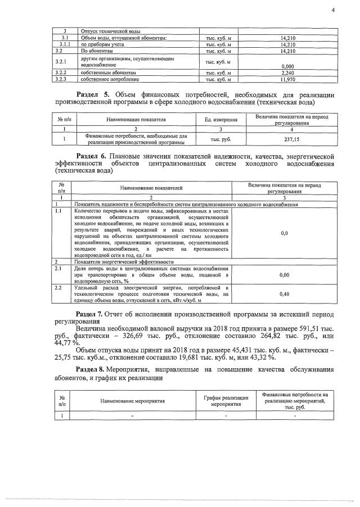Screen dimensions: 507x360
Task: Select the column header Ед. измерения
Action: (220, 119)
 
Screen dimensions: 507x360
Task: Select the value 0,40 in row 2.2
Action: (284, 293)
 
